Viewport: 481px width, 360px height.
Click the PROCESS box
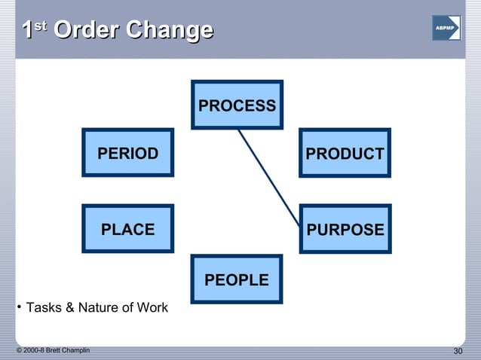pyautogui.click(x=237, y=105)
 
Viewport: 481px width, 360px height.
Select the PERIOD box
pyautogui.click(x=127, y=153)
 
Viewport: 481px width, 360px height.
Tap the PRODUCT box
pyautogui.click(x=345, y=154)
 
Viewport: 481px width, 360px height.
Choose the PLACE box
pyautogui.click(x=127, y=229)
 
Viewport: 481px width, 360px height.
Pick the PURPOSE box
pyautogui.click(x=345, y=229)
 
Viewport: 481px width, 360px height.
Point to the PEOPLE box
pyautogui.click(x=237, y=279)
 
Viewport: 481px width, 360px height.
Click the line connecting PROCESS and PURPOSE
pyautogui.click(x=268, y=176)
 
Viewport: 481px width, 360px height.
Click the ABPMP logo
pyautogui.click(x=446, y=28)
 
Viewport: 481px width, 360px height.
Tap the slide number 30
pyautogui.click(x=457, y=352)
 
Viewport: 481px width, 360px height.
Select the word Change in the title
pyautogui.click(x=169, y=31)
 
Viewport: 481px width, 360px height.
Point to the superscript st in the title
pyautogui.click(x=41, y=26)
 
